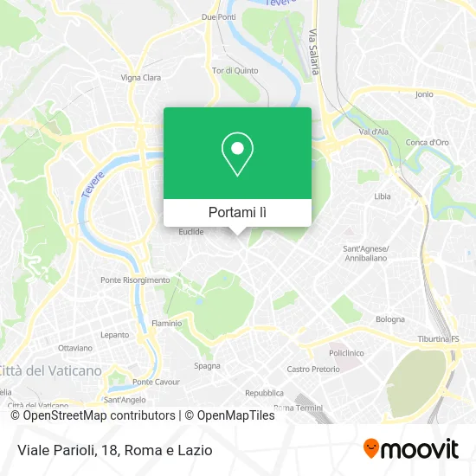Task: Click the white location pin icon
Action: point(237,154)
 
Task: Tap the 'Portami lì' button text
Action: point(237,212)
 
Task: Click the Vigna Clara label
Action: point(141,77)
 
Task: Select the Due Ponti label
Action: point(218,16)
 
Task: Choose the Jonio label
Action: point(424,93)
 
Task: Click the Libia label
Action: point(382,196)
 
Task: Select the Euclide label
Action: point(190,232)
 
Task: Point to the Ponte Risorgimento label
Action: point(135,280)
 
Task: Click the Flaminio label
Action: point(167,323)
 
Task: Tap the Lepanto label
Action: point(114,333)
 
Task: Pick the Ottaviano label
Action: point(74,347)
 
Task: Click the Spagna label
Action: point(207,365)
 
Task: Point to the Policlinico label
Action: point(344,353)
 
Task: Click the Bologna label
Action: point(390,318)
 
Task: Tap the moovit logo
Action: point(411,449)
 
